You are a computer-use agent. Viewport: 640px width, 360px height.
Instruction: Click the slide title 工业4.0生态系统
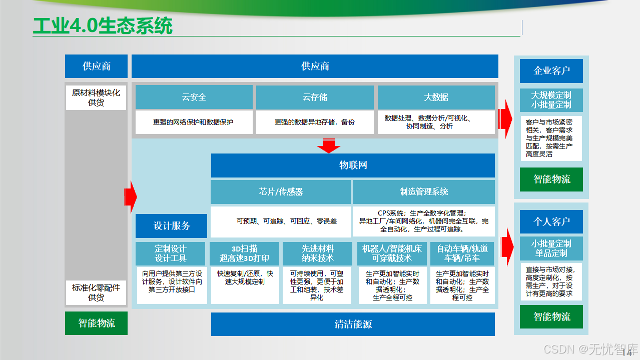[103, 26]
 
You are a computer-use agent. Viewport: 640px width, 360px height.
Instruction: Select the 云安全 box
[194, 97]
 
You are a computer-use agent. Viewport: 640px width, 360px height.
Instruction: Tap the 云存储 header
[315, 97]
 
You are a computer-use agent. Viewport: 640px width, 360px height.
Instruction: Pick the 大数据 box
[436, 97]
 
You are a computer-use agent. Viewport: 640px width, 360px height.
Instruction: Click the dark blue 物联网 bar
[353, 165]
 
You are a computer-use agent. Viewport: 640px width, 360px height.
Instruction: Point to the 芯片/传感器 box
[280, 191]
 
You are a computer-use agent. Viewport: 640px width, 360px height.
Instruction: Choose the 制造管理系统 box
[423, 191]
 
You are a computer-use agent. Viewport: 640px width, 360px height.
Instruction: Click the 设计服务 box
[171, 225]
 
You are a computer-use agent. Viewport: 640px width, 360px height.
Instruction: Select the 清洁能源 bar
[353, 324]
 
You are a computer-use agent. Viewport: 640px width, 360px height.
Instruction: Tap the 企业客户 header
[551, 70]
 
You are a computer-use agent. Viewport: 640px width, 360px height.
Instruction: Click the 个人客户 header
[551, 221]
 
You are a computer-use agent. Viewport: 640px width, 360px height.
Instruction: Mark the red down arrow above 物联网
[329, 146]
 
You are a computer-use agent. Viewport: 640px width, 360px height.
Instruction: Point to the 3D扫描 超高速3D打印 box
[244, 253]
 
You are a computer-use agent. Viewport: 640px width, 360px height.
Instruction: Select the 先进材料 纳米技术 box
[317, 253]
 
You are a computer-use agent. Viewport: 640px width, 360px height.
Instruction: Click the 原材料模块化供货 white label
[96, 97]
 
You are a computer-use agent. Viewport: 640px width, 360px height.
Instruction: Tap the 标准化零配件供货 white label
[96, 292]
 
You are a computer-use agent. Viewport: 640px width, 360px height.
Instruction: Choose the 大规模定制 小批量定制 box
[551, 100]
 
